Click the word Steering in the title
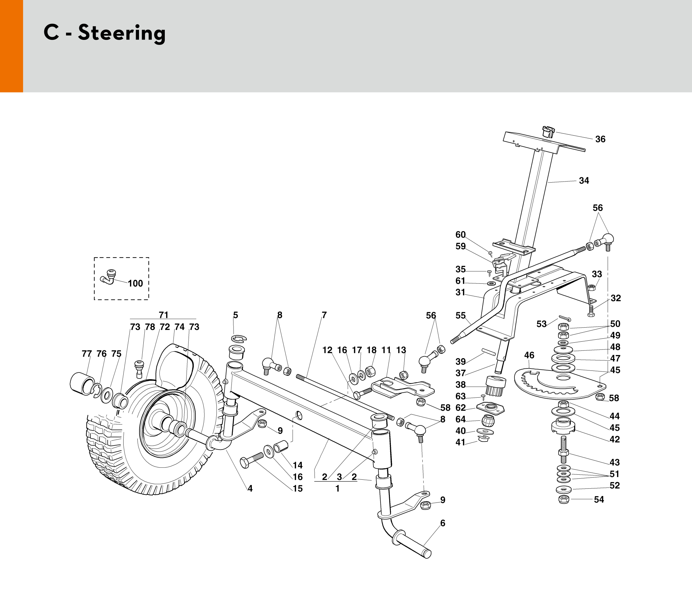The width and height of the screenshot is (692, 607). [122, 33]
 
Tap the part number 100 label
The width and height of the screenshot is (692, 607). [135, 283]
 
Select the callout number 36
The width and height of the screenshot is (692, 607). [600, 139]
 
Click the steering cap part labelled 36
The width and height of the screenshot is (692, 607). [548, 131]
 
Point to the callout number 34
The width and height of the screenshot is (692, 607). [584, 181]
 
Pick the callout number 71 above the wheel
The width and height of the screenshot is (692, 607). [163, 315]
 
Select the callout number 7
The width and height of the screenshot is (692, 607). [324, 315]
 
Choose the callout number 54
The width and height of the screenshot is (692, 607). [599, 499]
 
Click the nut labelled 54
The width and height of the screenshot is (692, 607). [563, 499]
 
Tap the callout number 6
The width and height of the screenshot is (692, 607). [442, 523]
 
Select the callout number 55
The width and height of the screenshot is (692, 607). [461, 316]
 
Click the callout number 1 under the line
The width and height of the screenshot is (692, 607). [337, 488]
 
